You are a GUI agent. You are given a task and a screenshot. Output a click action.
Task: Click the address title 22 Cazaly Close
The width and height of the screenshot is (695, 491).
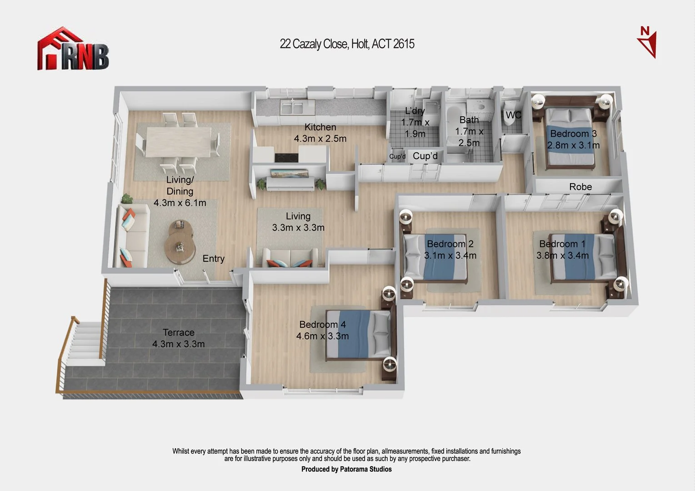[347, 44]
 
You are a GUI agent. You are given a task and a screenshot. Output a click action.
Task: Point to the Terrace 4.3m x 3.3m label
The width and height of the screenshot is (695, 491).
[178, 338]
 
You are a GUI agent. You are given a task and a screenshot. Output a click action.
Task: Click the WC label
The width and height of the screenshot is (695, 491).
[513, 115]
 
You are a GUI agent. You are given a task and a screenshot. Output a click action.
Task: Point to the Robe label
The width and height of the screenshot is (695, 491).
[580, 187]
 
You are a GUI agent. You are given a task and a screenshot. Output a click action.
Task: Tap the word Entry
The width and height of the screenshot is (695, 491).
[213, 259]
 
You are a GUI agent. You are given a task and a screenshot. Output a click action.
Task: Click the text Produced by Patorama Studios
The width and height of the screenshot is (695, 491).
[346, 469]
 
